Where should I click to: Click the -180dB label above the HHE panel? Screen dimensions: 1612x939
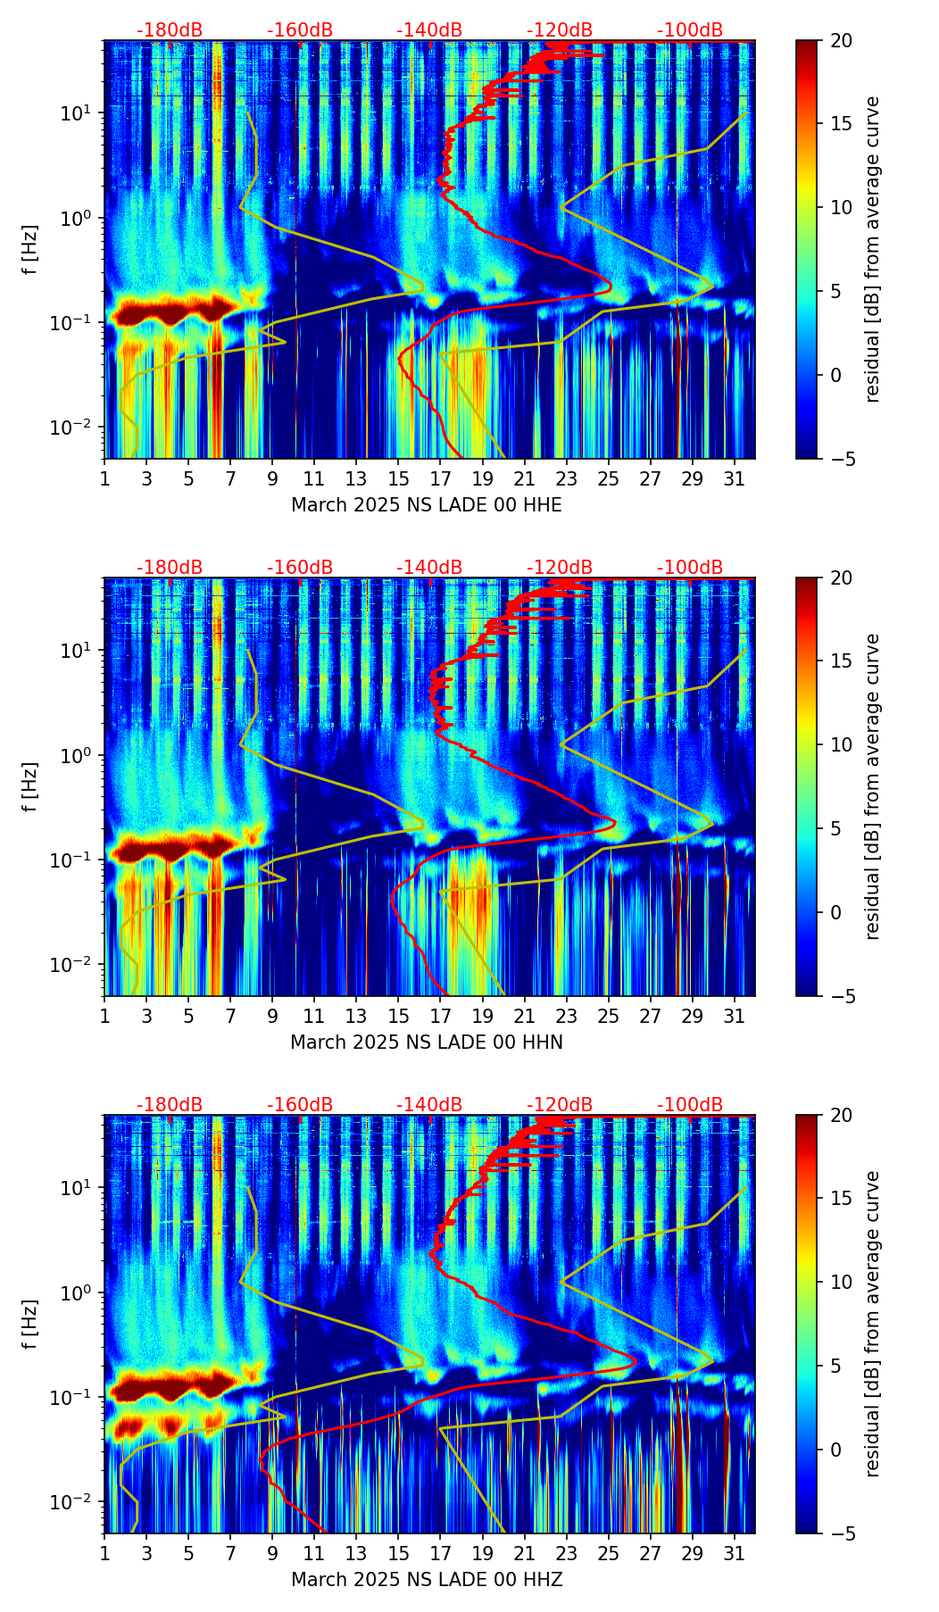pyautogui.click(x=170, y=30)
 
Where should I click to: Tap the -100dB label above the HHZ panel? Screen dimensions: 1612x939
pyautogui.click(x=690, y=1105)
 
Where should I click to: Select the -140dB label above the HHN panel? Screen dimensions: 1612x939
pyautogui.click(x=429, y=568)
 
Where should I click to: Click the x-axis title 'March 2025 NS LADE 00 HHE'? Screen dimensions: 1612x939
pyautogui.click(x=427, y=505)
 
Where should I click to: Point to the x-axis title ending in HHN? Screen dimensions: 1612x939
pyautogui.click(x=427, y=1043)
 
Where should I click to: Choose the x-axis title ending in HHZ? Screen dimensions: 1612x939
pyautogui.click(x=427, y=1580)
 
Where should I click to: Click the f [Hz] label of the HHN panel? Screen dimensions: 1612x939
pyautogui.click(x=30, y=786)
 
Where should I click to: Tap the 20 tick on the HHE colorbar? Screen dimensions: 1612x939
pyautogui.click(x=841, y=41)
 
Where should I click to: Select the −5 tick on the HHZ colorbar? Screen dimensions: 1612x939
pyautogui.click(x=841, y=1533)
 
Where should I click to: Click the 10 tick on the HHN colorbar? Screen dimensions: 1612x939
pyautogui.click(x=841, y=744)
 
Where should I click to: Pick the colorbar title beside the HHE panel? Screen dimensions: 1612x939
pyautogui.click(x=872, y=249)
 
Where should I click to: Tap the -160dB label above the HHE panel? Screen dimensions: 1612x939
pyautogui.click(x=300, y=30)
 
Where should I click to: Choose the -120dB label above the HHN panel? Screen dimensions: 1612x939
pyautogui.click(x=560, y=568)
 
